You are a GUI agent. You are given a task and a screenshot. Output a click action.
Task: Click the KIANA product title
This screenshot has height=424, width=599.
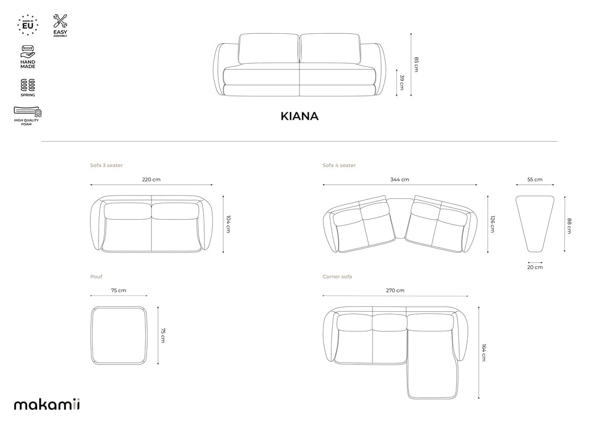[299, 116]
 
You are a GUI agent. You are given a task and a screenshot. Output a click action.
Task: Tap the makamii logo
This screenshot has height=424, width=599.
[47, 404]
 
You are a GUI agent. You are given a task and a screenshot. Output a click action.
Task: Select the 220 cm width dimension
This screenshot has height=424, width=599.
[151, 179]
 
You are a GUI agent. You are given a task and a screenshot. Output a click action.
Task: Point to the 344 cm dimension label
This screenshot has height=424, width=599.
[399, 179]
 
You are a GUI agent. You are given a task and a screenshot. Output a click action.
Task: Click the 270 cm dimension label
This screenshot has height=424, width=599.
[395, 290]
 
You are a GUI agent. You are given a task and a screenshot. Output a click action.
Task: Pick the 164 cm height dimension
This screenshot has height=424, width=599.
[483, 353]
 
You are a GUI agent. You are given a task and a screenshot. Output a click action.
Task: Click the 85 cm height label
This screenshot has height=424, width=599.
[416, 64]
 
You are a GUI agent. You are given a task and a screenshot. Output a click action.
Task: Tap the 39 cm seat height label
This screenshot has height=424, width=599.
[402, 82]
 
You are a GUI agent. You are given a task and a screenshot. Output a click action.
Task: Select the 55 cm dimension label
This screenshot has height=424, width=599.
[534, 179]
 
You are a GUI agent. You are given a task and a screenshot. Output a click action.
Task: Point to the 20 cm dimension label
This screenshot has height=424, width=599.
[535, 267]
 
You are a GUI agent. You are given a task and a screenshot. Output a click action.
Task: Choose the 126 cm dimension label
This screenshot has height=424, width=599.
[492, 224]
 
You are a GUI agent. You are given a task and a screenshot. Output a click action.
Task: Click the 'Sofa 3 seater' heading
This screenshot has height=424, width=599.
[106, 165]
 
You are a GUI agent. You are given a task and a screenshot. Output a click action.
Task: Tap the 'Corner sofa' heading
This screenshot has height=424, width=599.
[337, 277]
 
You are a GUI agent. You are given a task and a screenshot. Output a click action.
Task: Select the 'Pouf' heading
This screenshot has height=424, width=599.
[96, 277]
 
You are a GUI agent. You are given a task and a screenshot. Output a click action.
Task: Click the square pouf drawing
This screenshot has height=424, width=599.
[119, 335]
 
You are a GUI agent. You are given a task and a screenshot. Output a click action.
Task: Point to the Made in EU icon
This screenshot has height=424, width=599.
[27, 25]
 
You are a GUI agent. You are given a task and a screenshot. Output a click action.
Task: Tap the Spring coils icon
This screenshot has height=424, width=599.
[28, 86]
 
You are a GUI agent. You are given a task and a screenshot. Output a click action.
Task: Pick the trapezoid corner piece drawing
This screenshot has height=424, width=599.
[534, 223]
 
